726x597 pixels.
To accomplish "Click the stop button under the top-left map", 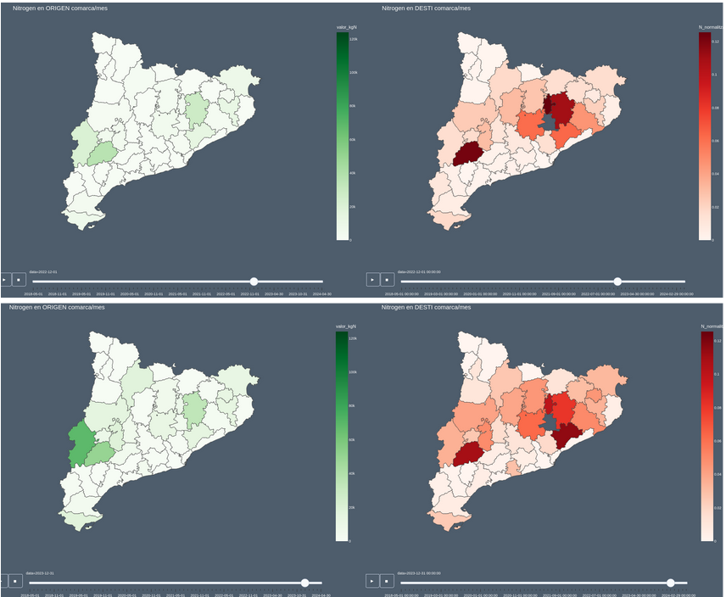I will pyautogui.click(x=17, y=279).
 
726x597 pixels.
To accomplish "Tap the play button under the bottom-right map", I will pyautogui.click(x=373, y=581).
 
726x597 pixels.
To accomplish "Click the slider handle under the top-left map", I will pyautogui.click(x=254, y=281).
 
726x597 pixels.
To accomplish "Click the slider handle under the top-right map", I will pyautogui.click(x=617, y=281).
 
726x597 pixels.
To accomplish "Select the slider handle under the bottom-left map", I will pyautogui.click(x=305, y=583).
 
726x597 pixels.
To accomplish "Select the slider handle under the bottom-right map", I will pyautogui.click(x=671, y=583).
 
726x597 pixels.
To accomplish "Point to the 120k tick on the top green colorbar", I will pyautogui.click(x=354, y=40).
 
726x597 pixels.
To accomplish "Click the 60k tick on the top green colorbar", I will pyautogui.click(x=354, y=139).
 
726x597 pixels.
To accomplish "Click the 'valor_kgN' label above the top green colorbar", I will pyautogui.click(x=346, y=27).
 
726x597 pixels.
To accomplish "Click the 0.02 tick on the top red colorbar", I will pyautogui.click(x=715, y=207).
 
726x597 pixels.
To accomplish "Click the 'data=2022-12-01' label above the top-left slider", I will pyautogui.click(x=43, y=272).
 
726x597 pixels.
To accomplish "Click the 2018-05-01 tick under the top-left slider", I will pyautogui.click(x=32, y=294).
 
